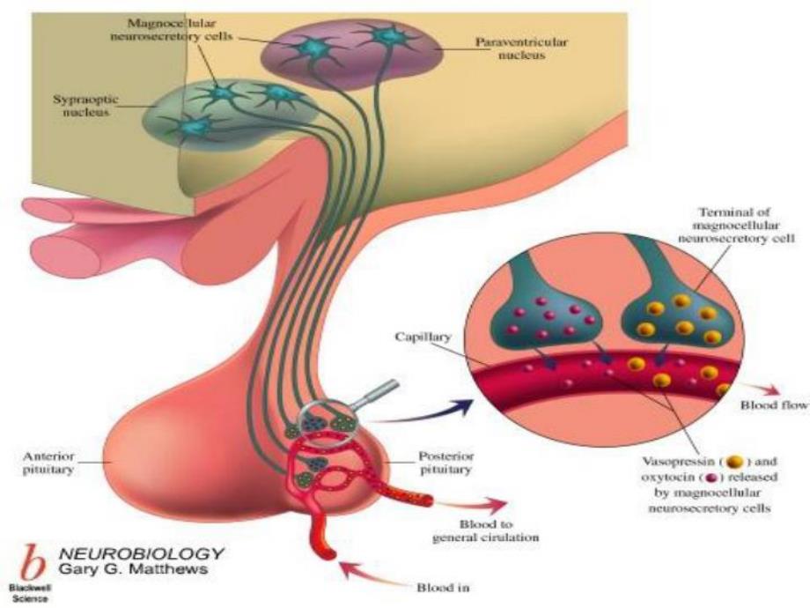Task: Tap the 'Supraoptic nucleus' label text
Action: point(81,108)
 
